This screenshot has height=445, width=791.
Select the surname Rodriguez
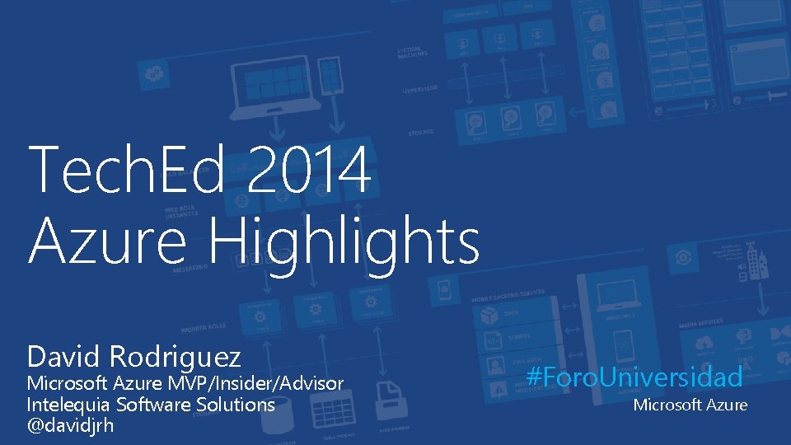175,357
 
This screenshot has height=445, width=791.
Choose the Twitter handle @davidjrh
70,425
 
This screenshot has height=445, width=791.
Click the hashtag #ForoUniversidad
634,377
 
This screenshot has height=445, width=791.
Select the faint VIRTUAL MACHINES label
413,54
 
